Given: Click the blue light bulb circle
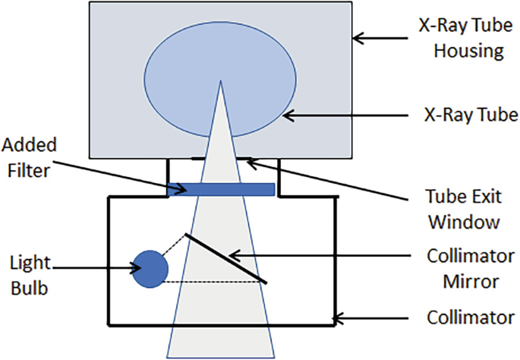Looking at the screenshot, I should pos(150,269).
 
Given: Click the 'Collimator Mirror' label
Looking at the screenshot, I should pos(466,267).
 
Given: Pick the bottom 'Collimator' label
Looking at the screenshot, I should pos(465,316).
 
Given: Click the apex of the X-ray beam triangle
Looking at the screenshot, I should pos(220,81).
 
